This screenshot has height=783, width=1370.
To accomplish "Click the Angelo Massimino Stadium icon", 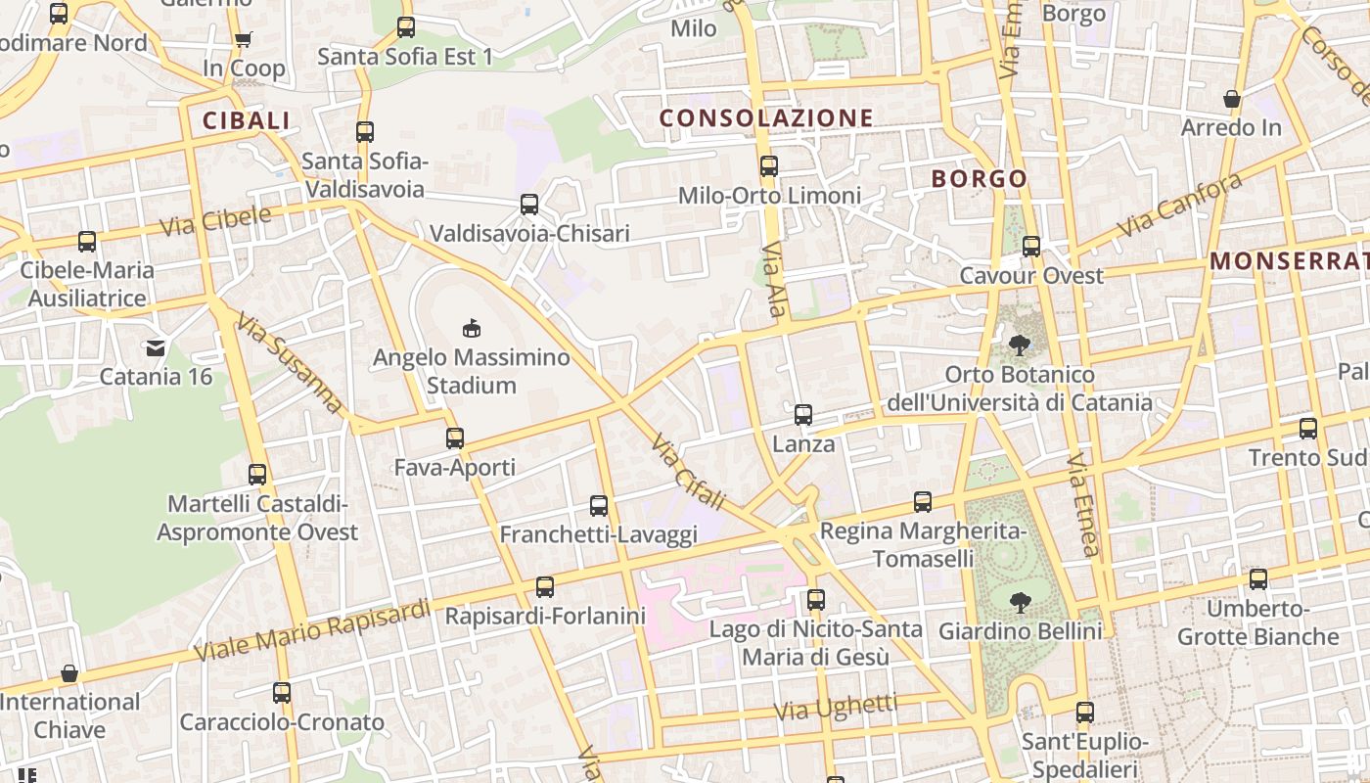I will click(x=471, y=328).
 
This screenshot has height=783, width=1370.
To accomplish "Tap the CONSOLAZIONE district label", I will click(x=765, y=118).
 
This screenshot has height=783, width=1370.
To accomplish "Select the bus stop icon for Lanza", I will click(x=803, y=415).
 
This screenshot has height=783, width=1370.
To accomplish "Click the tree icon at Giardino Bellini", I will click(x=1020, y=602).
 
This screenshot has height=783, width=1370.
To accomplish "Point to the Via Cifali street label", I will click(x=687, y=472).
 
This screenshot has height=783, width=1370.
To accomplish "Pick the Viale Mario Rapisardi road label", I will click(x=312, y=629).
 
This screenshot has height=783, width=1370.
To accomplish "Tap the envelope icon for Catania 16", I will click(x=156, y=347).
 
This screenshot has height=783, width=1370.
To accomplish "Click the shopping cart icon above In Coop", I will click(x=243, y=40).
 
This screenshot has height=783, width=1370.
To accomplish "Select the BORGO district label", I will click(x=979, y=179).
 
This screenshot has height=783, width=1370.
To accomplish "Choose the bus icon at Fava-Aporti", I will click(x=455, y=438).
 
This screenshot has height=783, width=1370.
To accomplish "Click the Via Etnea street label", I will click(x=1084, y=504).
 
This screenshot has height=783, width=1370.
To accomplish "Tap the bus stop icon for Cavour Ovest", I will click(x=1031, y=247).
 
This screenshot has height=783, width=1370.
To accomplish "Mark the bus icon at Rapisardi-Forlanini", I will click(x=545, y=587).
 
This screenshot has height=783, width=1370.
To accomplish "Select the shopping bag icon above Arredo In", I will click(x=1232, y=99).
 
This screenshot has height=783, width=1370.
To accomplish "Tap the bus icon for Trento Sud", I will click(x=1308, y=429).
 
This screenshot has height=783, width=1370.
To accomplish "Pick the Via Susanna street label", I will click(x=291, y=361).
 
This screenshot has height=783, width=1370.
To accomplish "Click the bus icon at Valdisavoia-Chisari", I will click(x=529, y=205).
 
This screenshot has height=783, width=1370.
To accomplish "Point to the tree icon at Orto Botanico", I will click(x=1020, y=345).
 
